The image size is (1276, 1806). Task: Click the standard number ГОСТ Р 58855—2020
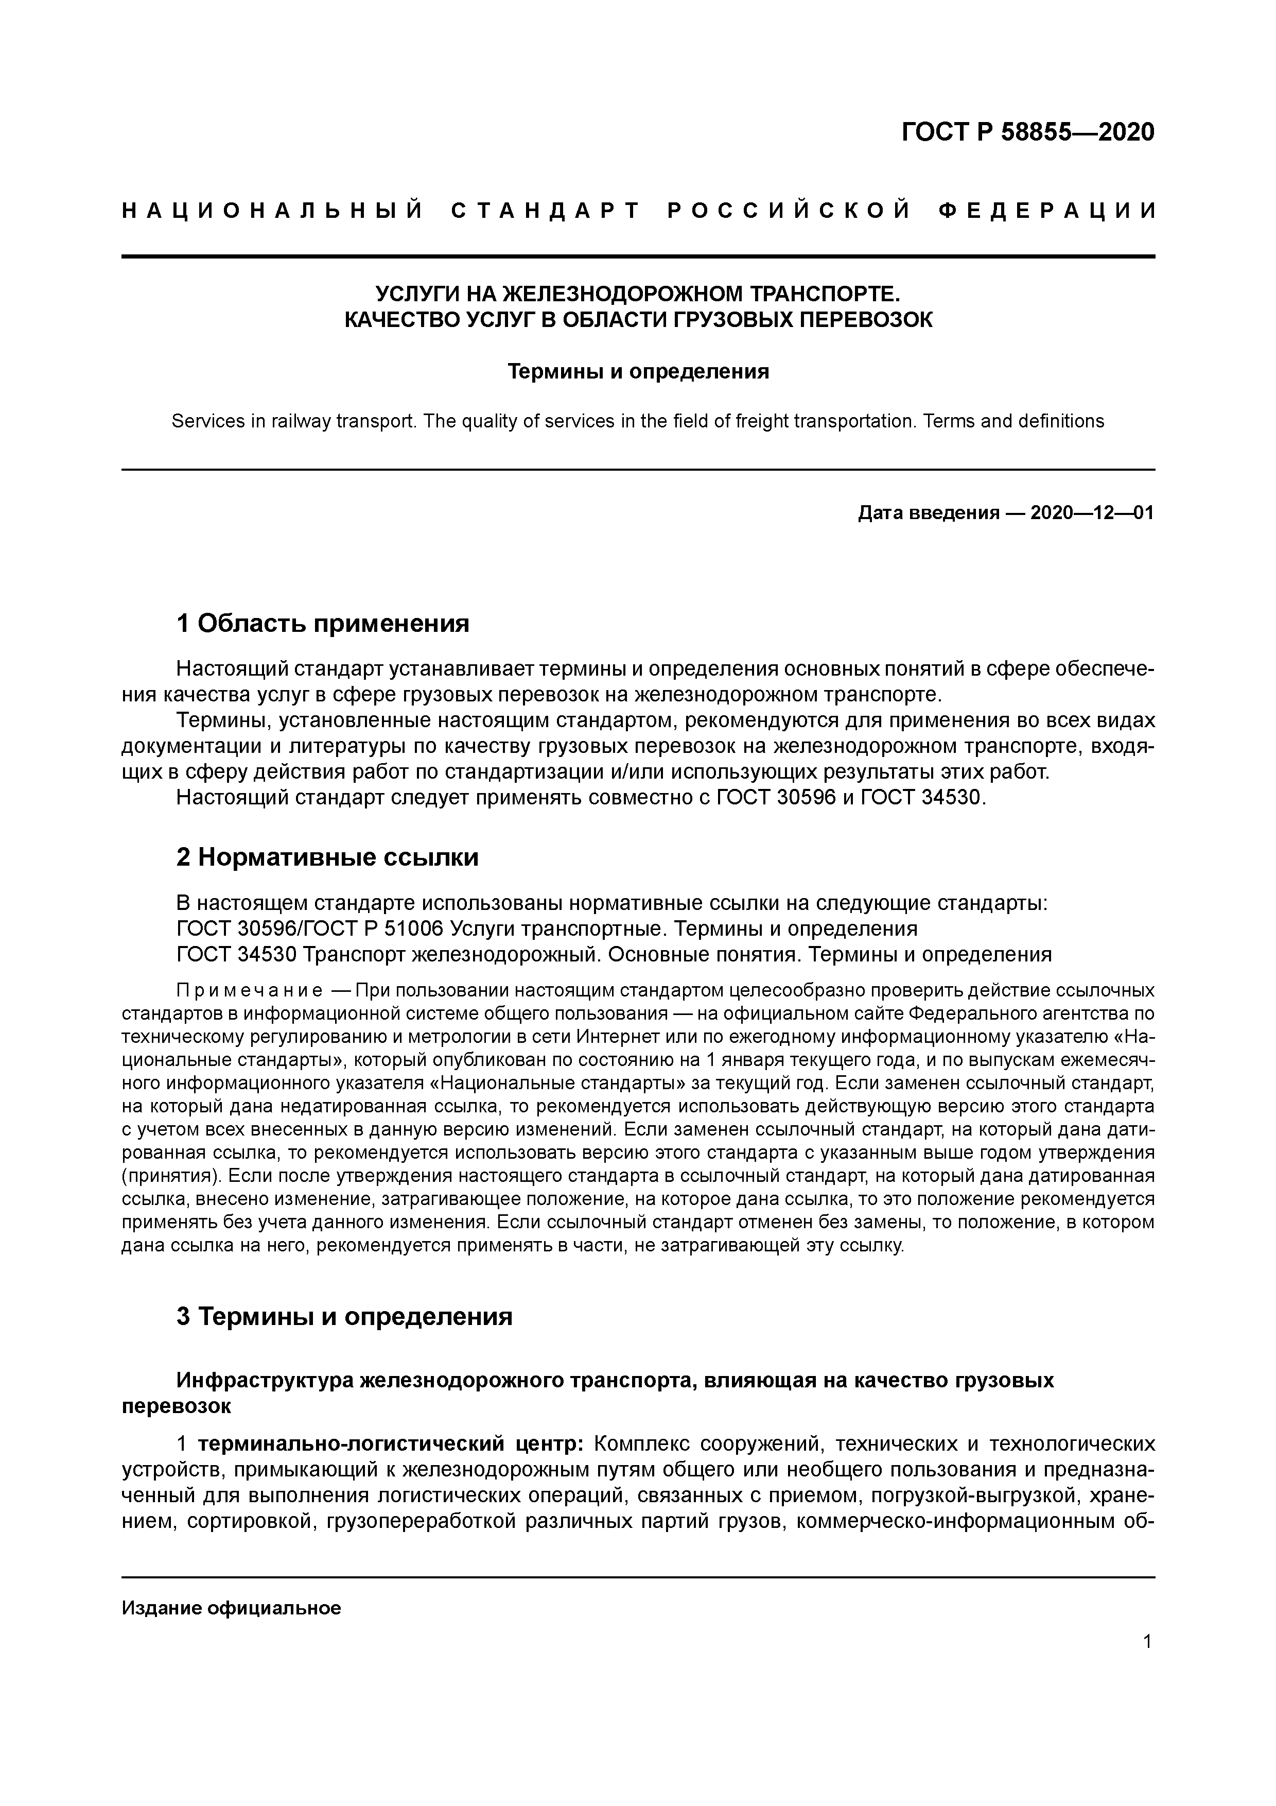coord(1027,132)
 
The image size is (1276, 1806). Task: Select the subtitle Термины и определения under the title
coord(638,371)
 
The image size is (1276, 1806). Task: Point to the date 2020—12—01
coord(1091,513)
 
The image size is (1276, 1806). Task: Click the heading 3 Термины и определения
coord(343,1316)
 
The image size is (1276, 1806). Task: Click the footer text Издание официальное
coord(231,1608)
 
